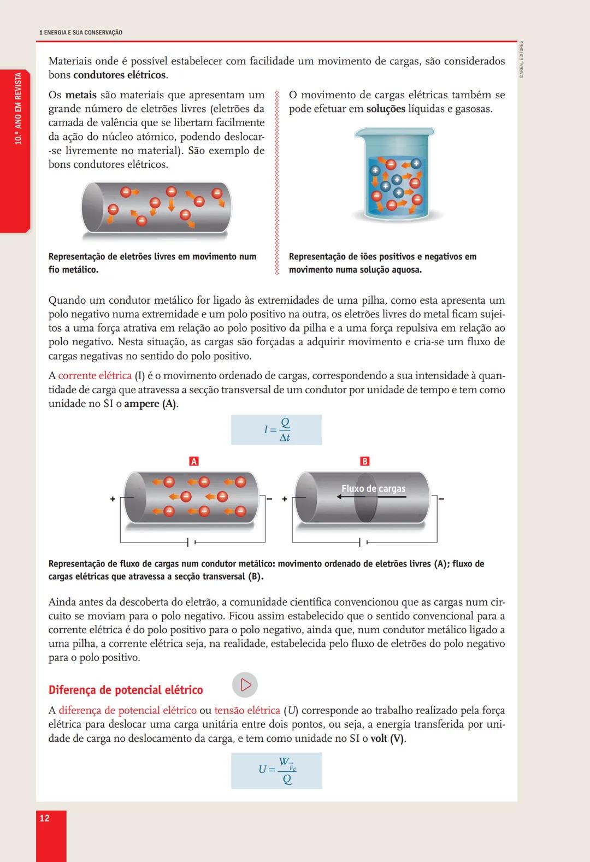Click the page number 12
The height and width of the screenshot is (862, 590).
45,818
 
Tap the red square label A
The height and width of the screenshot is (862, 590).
193,462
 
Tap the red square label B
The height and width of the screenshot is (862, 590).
365,462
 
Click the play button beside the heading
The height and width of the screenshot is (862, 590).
245,684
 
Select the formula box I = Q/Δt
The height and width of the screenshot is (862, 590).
276,430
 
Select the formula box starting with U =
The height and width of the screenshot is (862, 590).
276,770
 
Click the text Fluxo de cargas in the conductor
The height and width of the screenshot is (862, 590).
374,488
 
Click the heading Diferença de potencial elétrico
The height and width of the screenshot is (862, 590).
126,690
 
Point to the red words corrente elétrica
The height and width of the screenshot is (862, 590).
95,376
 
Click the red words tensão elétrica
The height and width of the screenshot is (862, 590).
247,710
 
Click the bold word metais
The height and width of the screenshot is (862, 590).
81,95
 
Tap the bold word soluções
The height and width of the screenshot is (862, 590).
386,109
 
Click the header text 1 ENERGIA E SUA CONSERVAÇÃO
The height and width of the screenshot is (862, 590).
81,33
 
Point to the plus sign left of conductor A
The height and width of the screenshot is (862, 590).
113,499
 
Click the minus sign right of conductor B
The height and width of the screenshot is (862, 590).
441,499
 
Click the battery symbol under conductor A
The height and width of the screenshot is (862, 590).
192,542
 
